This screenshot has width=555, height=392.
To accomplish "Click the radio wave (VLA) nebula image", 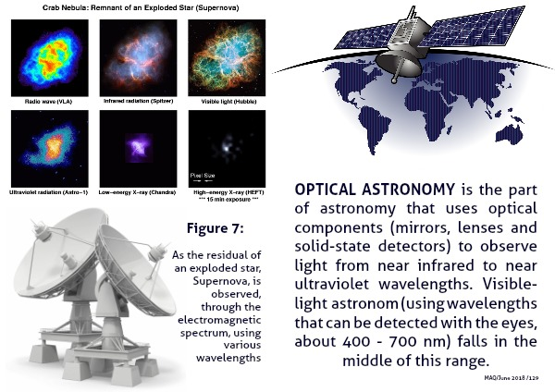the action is tap(50, 58).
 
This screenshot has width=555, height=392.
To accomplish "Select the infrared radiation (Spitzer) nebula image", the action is tap(138, 58).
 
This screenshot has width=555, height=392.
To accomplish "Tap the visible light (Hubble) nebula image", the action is tap(227, 57).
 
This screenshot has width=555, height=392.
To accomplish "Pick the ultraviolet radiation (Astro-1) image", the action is tap(50, 149).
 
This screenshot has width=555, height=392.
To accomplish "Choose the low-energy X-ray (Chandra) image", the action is tap(138, 149).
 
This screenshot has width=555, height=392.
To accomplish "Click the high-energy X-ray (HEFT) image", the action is tap(227, 149).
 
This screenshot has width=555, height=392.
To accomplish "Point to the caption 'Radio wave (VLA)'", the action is tap(48, 102).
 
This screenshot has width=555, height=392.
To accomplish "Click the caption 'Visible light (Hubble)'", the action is tap(228, 102).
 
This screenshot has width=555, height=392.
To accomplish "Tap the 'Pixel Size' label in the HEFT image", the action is tap(203, 175).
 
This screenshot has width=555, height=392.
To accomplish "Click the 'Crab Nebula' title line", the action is tap(141, 7).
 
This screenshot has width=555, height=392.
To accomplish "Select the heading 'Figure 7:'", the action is tap(216, 228).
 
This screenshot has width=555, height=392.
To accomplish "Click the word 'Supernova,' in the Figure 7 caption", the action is tap(227, 281).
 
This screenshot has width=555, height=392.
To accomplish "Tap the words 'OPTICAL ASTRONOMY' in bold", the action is tap(375, 190).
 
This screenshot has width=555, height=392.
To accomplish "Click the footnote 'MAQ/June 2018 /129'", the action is tap(512, 378).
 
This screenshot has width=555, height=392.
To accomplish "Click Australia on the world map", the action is tap(509, 133).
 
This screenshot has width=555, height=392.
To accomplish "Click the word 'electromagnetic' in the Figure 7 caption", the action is tap(219, 320).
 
